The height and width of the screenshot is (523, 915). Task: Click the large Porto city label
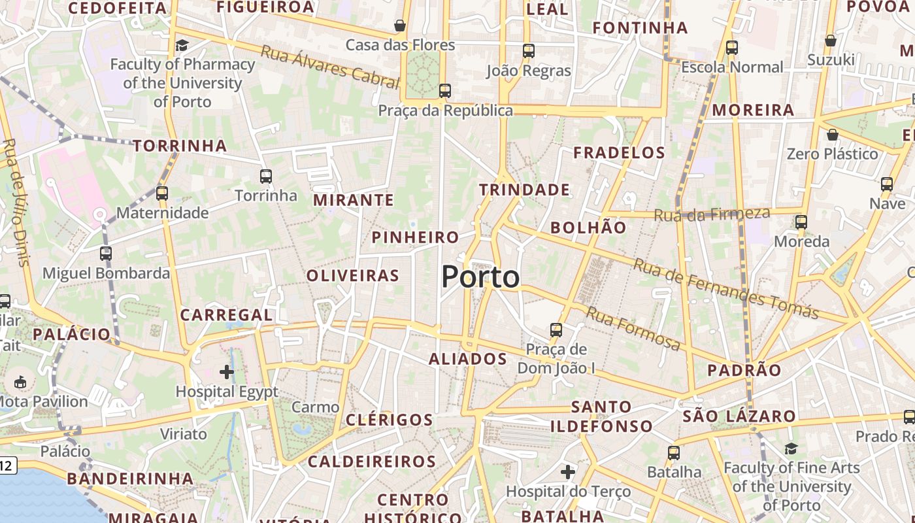(x=480, y=277)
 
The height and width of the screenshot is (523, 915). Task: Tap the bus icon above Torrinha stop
(x=265, y=176)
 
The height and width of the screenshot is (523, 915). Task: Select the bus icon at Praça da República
(x=445, y=91)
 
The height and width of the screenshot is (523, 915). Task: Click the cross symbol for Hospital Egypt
(x=227, y=372)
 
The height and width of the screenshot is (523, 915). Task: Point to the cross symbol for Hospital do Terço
(x=568, y=471)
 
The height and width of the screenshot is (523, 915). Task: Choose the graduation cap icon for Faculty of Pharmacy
(x=182, y=45)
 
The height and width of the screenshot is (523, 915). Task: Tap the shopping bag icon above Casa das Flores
(x=400, y=25)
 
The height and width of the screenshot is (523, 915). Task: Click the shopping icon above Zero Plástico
(x=833, y=135)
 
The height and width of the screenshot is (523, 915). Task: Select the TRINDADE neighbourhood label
(x=524, y=190)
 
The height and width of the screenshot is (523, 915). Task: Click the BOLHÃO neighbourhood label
(x=588, y=228)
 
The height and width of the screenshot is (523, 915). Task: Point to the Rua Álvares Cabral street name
(x=329, y=67)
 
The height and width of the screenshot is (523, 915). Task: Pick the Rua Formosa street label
(x=633, y=328)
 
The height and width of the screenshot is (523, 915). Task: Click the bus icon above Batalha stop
(x=674, y=452)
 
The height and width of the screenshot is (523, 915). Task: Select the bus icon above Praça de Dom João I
(x=556, y=330)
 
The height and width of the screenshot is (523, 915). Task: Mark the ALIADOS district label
(x=468, y=359)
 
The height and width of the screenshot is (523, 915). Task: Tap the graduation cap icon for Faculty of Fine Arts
(x=791, y=448)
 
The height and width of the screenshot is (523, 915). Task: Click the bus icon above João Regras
(x=529, y=50)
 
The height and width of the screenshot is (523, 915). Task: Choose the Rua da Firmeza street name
(x=712, y=214)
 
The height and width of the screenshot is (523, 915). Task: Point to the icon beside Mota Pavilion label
(x=20, y=381)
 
